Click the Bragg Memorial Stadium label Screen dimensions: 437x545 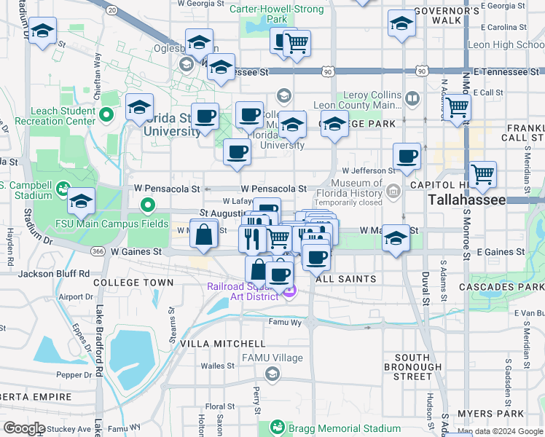tap(335, 428)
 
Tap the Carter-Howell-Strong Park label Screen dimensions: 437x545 tap(267, 14)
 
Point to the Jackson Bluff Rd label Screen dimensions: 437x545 tap(53, 274)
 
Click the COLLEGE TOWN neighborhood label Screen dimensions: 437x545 tap(133, 283)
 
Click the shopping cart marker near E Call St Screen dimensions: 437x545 tap(458, 108)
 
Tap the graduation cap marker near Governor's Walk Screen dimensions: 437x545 tap(401, 24)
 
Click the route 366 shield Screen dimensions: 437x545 tap(98, 251)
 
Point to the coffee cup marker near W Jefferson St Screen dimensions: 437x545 tap(407, 156)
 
